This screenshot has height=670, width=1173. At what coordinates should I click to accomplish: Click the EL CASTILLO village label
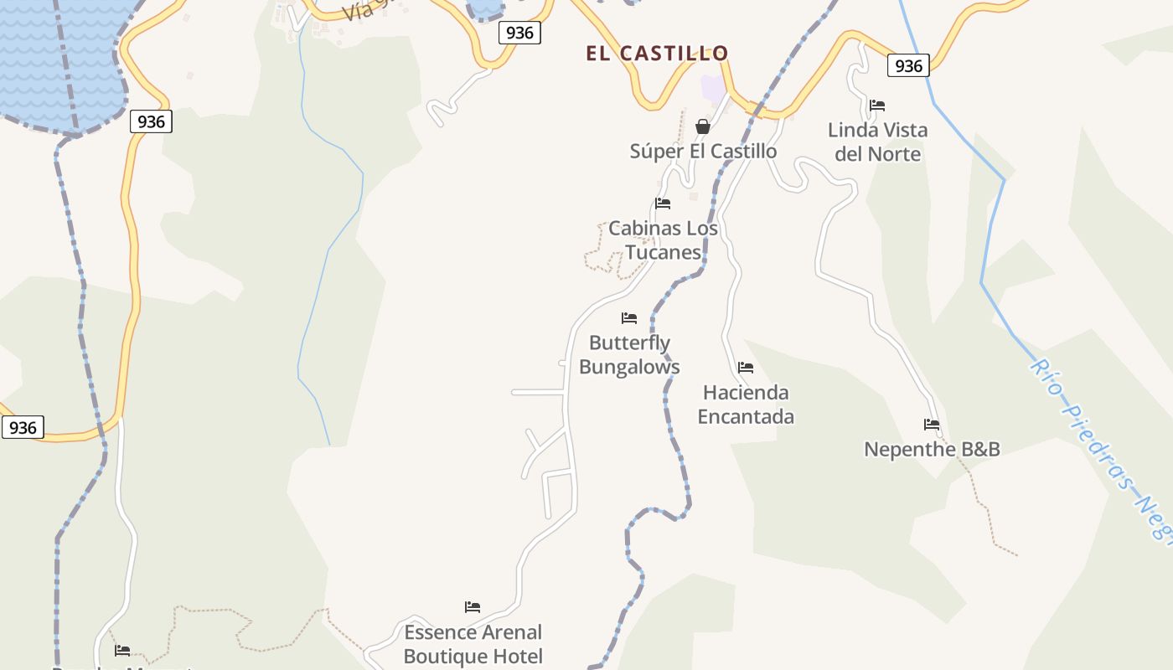[x=657, y=54]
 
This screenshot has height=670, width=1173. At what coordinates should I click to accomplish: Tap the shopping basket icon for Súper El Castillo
[x=703, y=126]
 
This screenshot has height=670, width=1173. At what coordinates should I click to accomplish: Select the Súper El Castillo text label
[x=703, y=152]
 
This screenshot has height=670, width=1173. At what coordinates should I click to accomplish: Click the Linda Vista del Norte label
[x=877, y=142]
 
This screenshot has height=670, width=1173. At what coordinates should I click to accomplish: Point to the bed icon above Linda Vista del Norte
[x=877, y=106]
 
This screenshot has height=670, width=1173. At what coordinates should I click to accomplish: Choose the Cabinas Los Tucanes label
[x=663, y=240]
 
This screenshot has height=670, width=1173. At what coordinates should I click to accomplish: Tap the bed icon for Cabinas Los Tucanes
[x=663, y=204]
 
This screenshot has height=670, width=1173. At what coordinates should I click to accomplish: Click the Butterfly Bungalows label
[x=629, y=354]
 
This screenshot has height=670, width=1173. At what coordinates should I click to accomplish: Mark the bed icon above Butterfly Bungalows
[x=629, y=318]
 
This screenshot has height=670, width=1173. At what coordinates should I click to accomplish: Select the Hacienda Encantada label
[x=746, y=404]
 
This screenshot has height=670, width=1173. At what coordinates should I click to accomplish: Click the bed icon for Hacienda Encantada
[x=746, y=368]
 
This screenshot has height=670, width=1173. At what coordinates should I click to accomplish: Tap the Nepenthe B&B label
[x=932, y=450]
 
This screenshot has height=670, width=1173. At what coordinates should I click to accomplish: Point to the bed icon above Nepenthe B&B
[x=932, y=425]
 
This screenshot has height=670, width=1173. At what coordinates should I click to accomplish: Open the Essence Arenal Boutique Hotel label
[x=473, y=643]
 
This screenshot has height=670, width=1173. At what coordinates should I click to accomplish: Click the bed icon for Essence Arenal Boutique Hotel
[x=473, y=607]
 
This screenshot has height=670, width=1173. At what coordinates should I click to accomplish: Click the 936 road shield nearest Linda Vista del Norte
[x=908, y=65]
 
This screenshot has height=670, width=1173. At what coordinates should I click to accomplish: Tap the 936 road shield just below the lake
[x=151, y=121]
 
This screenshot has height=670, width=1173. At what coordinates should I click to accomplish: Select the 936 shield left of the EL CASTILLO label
[x=519, y=33]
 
